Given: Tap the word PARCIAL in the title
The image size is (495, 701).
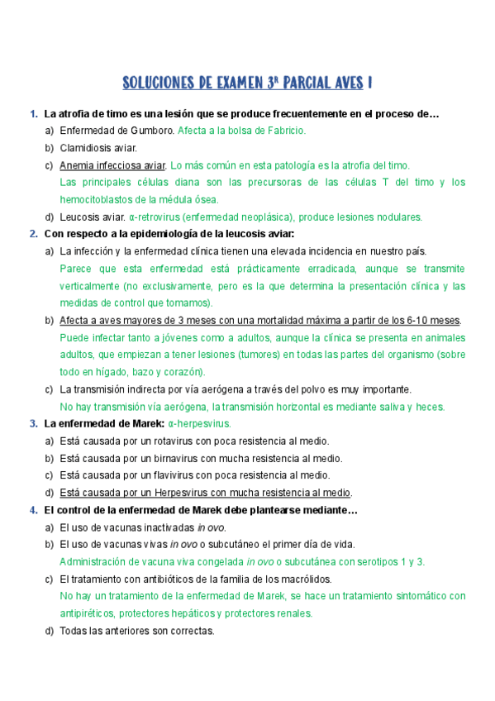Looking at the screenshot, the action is coord(305,83).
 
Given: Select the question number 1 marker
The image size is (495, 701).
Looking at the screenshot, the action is coord(32,114).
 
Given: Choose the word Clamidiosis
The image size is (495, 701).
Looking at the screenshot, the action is coord(87,148).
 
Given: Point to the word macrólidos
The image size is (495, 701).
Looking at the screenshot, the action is coord(306,579).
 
